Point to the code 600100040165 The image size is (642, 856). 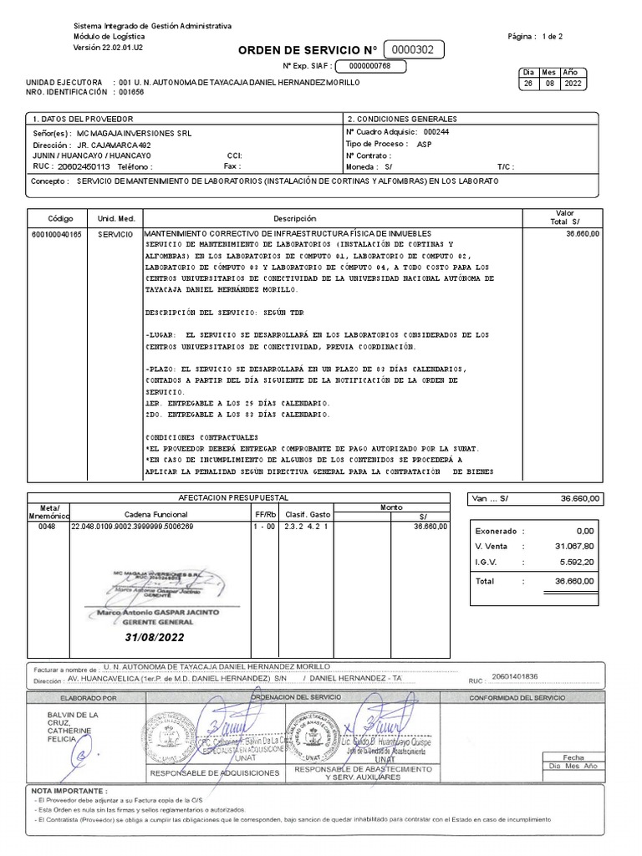click(58, 235)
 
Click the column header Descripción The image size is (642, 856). click(306, 217)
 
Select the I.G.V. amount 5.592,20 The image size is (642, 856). click(576, 562)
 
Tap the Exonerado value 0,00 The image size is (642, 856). click(583, 530)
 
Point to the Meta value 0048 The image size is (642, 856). click(47, 527)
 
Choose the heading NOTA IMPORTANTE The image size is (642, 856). click(69, 790)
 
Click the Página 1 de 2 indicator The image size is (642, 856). click(535, 38)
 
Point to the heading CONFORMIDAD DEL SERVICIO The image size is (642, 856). click(517, 697)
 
